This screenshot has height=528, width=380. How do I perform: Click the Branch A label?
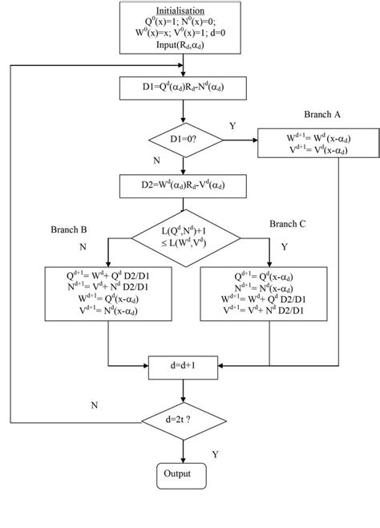[324, 114]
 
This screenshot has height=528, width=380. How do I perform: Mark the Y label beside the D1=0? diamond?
[233, 126]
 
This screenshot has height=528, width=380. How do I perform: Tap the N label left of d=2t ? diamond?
[95, 405]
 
